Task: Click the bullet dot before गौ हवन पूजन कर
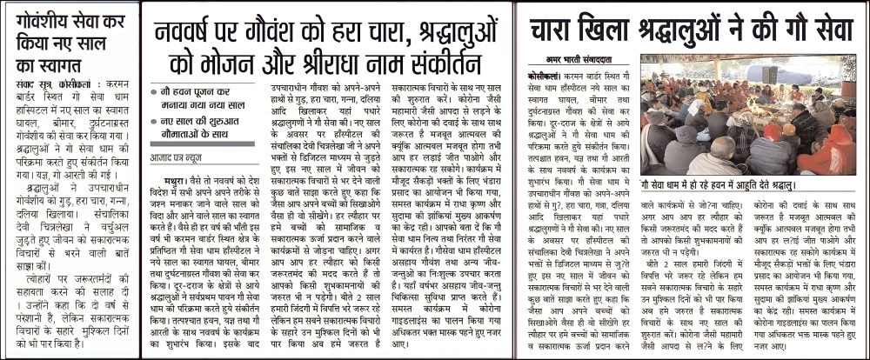(154, 90)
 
